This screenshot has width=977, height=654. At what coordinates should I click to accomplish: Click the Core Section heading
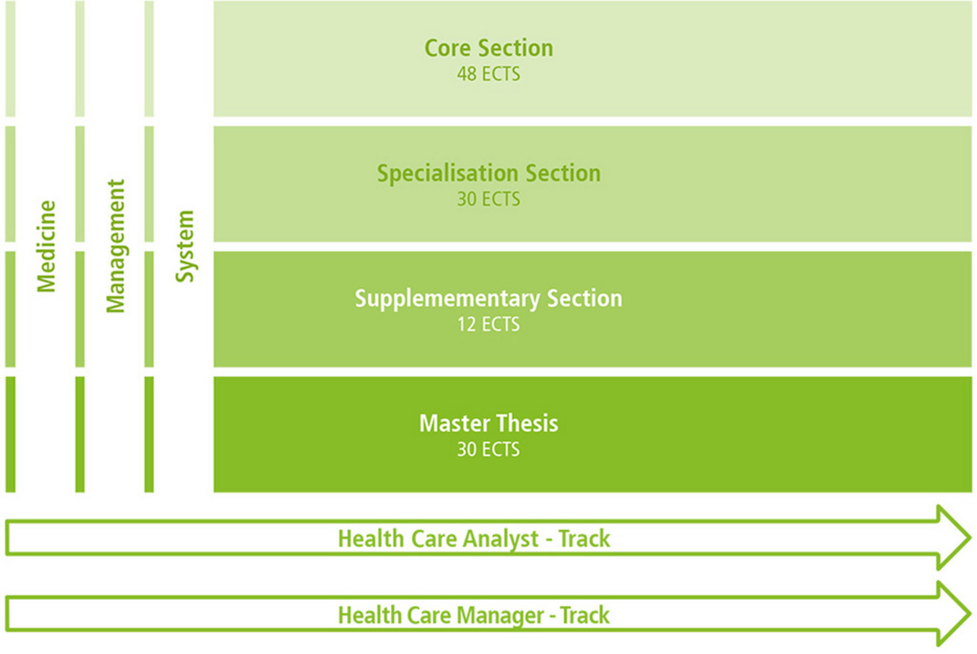[x=488, y=47]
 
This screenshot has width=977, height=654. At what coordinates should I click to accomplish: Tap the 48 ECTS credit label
[x=488, y=74]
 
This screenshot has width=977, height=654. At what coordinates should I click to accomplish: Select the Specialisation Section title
[x=488, y=174]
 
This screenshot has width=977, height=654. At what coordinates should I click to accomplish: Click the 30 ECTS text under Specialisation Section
[x=488, y=199]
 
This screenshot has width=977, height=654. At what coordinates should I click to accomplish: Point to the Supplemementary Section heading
[x=488, y=299]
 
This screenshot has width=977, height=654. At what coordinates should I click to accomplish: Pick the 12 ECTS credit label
[x=488, y=324]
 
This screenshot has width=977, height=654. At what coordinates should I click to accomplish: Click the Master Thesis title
[x=488, y=423]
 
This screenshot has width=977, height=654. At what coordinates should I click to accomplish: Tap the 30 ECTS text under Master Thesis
[x=488, y=450]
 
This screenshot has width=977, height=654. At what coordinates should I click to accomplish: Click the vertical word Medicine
[x=46, y=246]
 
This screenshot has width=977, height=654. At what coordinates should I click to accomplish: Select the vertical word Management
[x=116, y=246]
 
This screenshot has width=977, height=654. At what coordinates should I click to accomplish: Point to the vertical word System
[x=185, y=246]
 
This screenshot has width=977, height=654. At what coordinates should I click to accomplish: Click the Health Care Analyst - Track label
[x=474, y=539]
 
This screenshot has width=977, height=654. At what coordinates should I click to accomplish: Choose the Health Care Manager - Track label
[x=474, y=615]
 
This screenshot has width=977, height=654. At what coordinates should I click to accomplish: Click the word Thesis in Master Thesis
[x=527, y=423]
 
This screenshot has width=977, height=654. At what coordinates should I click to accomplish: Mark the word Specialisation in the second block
[x=448, y=174]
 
